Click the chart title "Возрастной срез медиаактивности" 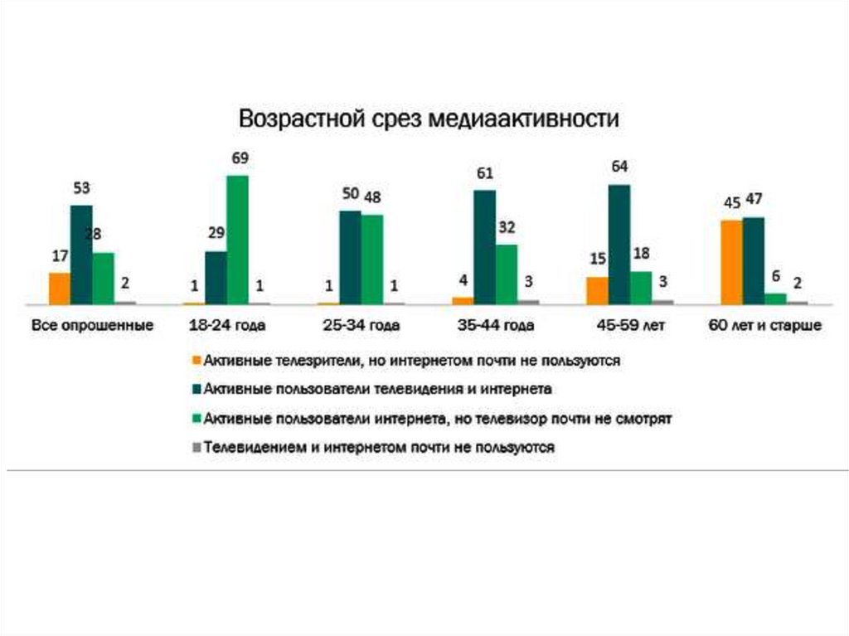point(429,119)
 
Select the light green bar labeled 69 point(237,240)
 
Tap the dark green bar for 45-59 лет point(619,245)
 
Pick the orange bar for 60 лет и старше point(731,262)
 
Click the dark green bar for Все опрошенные point(81,255)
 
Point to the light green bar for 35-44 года point(507,274)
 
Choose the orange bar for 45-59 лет point(597,290)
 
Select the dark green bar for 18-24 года point(216,277)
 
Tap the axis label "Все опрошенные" point(92,326)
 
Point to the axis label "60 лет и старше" point(764,326)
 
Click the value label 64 point(619,167)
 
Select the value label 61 point(485,173)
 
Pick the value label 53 point(81,188)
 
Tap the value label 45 point(730,201)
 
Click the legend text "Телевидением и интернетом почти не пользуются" point(379,447)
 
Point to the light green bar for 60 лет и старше point(775,299)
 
